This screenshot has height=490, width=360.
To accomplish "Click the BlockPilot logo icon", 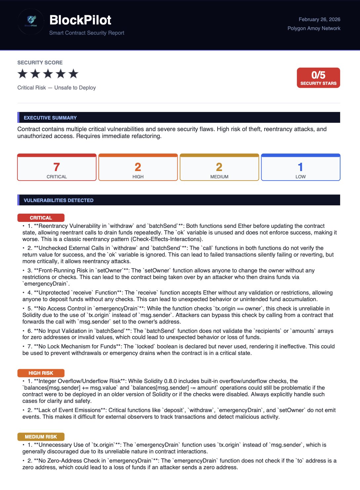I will pyautogui.click(x=31, y=21).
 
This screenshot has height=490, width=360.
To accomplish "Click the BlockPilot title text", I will pyautogui.click(x=80, y=20).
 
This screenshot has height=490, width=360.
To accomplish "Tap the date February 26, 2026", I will pyautogui.click(x=319, y=19).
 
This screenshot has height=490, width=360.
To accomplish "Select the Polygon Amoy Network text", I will pyautogui.click(x=314, y=28).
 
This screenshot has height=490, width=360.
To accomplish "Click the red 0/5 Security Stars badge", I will pyautogui.click(x=318, y=78).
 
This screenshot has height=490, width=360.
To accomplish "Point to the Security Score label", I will pyautogui.click(x=40, y=63).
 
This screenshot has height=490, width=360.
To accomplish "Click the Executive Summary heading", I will pyautogui.click(x=50, y=118).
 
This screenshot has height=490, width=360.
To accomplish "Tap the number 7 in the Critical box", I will pyautogui.click(x=56, y=167).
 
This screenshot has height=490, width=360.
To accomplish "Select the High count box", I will pyautogui.click(x=138, y=167).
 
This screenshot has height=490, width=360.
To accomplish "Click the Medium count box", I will pyautogui.click(x=219, y=167).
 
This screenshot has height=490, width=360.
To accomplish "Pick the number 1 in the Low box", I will pyautogui.click(x=300, y=167).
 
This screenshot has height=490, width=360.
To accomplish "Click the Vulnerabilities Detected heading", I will pyautogui.click(x=58, y=200).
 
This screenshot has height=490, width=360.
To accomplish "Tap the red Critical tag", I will pyautogui.click(x=41, y=218).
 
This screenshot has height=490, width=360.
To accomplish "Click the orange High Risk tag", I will pyautogui.click(x=41, y=373).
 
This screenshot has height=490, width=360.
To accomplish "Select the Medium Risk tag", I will pyautogui.click(x=41, y=437).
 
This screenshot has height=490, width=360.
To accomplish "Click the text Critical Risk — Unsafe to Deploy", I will pyautogui.click(x=56, y=88).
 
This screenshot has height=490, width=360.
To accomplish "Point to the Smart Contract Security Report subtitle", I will pyautogui.click(x=87, y=33).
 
